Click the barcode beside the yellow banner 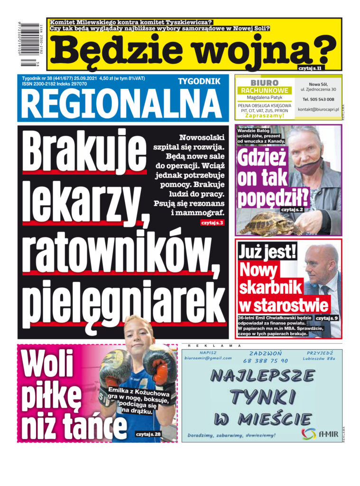(x=33, y=45)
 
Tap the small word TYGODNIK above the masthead (x=199, y=82)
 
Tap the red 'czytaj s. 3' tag (x=212, y=222)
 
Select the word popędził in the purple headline (x=273, y=197)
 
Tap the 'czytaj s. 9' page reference (x=327, y=318)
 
